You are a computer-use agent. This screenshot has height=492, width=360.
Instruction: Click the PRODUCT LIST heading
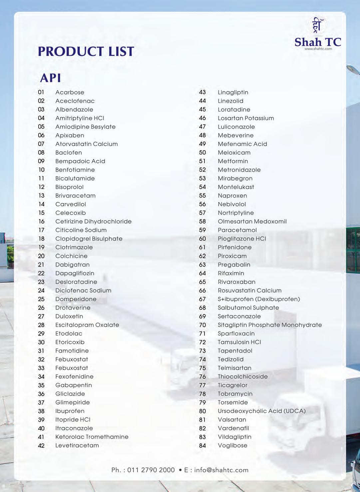pyautogui.click(x=86, y=51)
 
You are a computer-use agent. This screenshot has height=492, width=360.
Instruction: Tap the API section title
pyautogui.click(x=51, y=78)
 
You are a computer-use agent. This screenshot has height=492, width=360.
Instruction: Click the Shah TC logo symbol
pyautogui.click(x=317, y=26)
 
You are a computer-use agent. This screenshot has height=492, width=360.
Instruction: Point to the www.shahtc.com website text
pyautogui.click(x=318, y=49)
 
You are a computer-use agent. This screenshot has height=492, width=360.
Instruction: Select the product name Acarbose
pyautogui.click(x=70, y=92)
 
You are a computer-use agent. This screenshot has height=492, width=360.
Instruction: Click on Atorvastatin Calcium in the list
pyautogui.click(x=86, y=144)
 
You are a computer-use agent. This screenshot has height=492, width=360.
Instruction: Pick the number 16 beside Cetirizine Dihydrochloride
pyautogui.click(x=41, y=222)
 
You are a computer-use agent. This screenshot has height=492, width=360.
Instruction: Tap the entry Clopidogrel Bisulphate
pyautogui.click(x=89, y=239)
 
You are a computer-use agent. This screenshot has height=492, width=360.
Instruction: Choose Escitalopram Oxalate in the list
pyautogui.click(x=87, y=325)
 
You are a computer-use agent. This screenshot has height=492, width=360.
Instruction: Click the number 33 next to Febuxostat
pyautogui.click(x=41, y=368)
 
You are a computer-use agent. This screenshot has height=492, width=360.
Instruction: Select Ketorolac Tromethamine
pyautogui.click(x=92, y=437)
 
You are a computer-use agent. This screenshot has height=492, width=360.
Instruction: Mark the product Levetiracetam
pyautogui.click(x=77, y=445)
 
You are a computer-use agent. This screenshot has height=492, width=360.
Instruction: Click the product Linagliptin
pyautogui.click(x=233, y=92)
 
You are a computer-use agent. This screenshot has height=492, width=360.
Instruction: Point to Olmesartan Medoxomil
pyautogui.click(x=252, y=222)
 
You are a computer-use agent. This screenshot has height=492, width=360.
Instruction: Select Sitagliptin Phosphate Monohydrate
pyautogui.click(x=270, y=325)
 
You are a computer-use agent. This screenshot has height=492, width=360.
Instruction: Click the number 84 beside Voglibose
pyautogui.click(x=202, y=446)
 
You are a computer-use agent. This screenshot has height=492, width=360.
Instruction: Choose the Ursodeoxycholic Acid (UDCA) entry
pyautogui.click(x=261, y=411)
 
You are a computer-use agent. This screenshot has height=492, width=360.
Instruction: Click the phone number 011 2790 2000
pyautogui.click(x=151, y=470)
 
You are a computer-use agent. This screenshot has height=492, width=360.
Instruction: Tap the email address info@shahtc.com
pyautogui.click(x=221, y=470)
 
